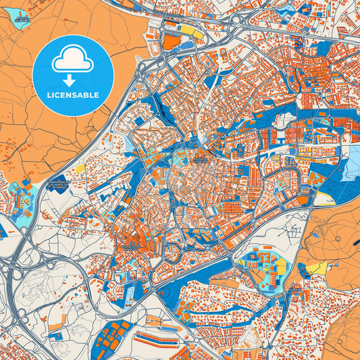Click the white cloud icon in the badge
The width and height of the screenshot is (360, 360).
tap(73, 61)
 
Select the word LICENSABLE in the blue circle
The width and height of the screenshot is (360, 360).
tap(73, 95)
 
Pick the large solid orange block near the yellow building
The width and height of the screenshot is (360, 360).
tap(172, 42)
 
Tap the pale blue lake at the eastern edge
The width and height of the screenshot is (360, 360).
tap(353, 162)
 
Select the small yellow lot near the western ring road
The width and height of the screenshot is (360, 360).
tap(80, 168)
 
